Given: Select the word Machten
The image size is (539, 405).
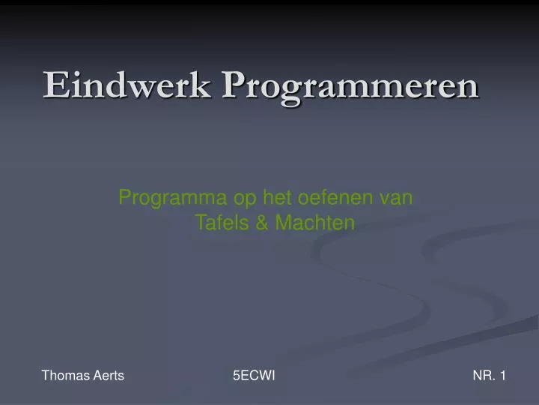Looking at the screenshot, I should click(x=314, y=223).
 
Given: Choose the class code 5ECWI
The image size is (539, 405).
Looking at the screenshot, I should click(x=254, y=376).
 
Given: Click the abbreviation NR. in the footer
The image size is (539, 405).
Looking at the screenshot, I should click(x=484, y=376).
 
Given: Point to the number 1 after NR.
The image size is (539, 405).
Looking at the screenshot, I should click(x=502, y=376).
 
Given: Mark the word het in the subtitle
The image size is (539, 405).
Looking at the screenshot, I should click(x=277, y=198).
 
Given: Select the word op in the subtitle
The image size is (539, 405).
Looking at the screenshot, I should click(x=244, y=199).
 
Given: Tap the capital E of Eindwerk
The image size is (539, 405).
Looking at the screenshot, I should click(x=53, y=85).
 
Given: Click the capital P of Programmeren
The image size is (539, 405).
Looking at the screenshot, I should click(x=234, y=85).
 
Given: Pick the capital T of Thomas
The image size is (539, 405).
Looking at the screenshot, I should click(x=45, y=376).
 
